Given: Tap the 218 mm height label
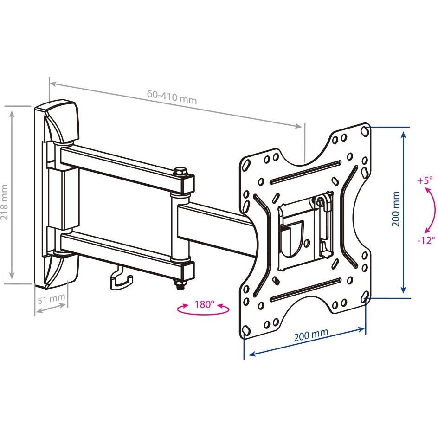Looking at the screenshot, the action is tap(5, 202).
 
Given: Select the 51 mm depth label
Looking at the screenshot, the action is tap(51, 299).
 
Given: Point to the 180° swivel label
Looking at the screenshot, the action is tap(204, 304).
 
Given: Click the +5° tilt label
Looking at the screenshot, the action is tap(425, 180).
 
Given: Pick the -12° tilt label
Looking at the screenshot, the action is tap(426, 240).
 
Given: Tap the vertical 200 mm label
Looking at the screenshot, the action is tap(395, 209).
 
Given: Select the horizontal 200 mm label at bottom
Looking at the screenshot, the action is tap(310, 335).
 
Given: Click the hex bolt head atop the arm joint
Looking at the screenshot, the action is tap(180, 171).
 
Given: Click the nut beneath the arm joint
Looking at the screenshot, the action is tap(180, 285).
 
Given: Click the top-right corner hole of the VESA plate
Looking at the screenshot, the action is tap(364, 131).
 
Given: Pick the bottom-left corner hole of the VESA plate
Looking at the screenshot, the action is tap(246, 330).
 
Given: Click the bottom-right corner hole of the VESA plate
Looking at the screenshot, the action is tap(365, 296).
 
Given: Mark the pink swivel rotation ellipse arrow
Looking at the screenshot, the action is tap(203, 309).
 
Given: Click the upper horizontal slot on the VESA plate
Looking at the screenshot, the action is tap(305, 172).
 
